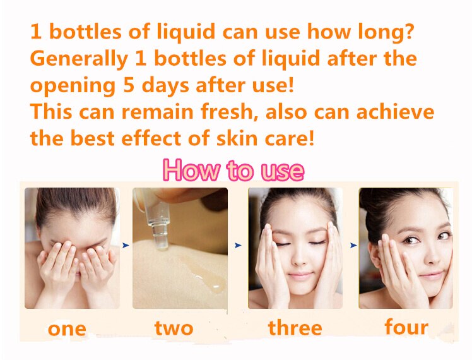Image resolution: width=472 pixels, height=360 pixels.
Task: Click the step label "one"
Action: coord(67,329)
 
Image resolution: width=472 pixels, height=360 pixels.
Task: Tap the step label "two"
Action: coord(174,328)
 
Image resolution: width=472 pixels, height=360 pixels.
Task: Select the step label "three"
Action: coord(295,327)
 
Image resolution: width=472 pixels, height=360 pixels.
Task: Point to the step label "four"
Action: coord(406,327)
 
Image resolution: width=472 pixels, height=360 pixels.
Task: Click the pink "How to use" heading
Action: coord(233,170)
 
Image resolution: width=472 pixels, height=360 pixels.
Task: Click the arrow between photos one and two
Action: coord(126,246)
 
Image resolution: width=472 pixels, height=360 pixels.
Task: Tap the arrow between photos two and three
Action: coord(238,246)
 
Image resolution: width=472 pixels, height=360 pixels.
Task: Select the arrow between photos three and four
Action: coord(353,246)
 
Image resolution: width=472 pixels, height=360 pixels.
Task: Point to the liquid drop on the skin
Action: coord(208,280)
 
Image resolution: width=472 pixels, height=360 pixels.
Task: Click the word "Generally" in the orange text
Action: coord(79,59)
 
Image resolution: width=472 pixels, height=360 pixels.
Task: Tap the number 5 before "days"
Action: coord(129,85)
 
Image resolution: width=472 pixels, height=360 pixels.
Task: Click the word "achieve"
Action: coord(395,111)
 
